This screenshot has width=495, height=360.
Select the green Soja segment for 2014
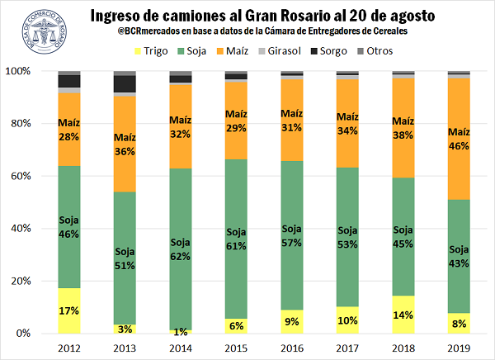(180, 248)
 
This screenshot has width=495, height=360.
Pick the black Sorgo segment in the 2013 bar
(125, 83)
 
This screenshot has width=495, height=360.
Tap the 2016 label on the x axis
(290, 347)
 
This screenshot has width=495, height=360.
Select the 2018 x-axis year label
(401, 347)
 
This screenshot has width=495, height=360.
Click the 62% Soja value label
(180, 257)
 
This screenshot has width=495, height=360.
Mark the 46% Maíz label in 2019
(459, 146)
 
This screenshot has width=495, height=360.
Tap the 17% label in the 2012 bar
(69, 312)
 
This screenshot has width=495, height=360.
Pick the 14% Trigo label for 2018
(402, 315)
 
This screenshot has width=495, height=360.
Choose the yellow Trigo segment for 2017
(346, 320)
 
